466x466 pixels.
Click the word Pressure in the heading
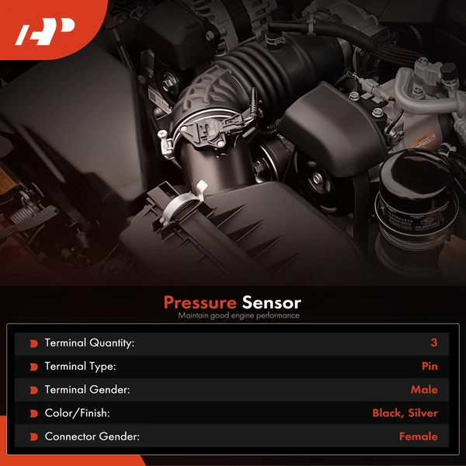(x=200, y=302)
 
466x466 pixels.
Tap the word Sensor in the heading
(x=271, y=302)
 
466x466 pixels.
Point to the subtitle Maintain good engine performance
(x=238, y=316)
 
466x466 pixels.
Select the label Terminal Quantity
(x=89, y=343)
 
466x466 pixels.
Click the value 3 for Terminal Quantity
(x=434, y=343)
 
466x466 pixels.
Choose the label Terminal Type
(x=81, y=366)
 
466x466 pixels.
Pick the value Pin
(x=429, y=366)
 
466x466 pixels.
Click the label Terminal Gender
(x=86, y=390)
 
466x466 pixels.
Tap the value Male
(x=424, y=390)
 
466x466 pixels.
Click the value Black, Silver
(x=405, y=413)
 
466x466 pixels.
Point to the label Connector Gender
(x=92, y=436)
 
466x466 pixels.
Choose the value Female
(x=418, y=436)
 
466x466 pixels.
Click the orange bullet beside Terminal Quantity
(x=33, y=343)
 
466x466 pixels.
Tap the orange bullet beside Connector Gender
(x=33, y=437)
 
